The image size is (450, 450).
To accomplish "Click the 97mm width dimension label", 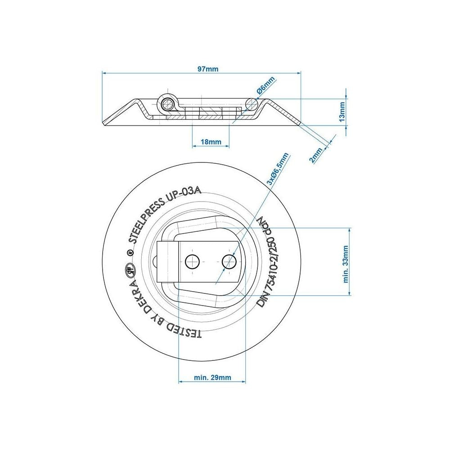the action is [208, 69].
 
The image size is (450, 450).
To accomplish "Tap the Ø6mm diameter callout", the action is [266, 85].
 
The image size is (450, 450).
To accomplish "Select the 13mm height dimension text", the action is [342, 112].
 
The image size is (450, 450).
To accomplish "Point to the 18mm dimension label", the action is [211, 142].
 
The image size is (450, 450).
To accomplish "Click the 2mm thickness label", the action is [316, 155].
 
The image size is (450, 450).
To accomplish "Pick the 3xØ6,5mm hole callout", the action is [278, 169].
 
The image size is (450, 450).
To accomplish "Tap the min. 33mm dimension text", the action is [346, 264].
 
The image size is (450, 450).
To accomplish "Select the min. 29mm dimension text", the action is [212, 378].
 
